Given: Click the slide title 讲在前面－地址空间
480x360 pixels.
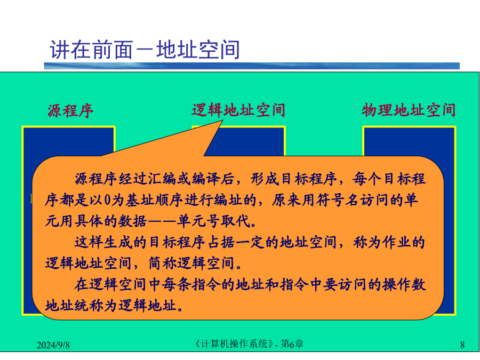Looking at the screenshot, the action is click(145, 49).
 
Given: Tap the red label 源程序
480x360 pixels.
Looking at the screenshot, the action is click(70, 110).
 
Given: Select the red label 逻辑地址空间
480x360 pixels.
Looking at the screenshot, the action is click(238, 110).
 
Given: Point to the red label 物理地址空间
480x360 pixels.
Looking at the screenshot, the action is click(409, 110).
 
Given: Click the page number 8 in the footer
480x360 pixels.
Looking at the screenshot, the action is click(462, 345).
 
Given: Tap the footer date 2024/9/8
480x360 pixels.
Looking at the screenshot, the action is click(53, 345).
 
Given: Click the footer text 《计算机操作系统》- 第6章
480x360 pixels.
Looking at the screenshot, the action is click(249, 344).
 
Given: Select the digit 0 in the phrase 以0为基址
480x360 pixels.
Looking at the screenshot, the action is click(107, 200).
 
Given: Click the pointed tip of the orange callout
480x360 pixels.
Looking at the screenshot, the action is click(222, 121).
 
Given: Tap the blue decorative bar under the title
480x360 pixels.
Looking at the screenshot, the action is click(252, 66).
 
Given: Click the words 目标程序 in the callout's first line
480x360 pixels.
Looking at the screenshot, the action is click(309, 179).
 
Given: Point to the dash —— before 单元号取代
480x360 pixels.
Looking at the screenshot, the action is click(162, 221).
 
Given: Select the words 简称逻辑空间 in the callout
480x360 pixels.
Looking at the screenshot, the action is click(191, 263).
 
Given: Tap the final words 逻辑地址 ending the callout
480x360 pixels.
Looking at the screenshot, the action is click(148, 306).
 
